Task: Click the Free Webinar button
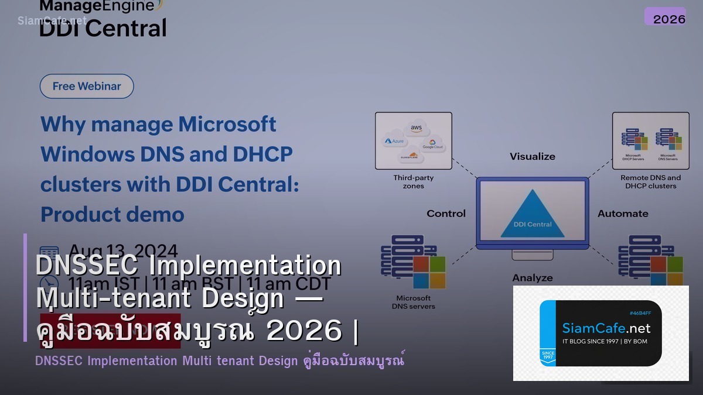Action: (x=87, y=86)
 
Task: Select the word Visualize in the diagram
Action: (x=532, y=156)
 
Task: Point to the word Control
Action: (x=446, y=214)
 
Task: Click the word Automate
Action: (x=623, y=214)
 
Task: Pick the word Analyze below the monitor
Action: (x=532, y=277)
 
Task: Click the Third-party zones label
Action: (x=413, y=181)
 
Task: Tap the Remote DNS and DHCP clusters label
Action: (x=650, y=181)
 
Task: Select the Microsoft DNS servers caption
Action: (x=413, y=302)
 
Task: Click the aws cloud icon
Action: (x=417, y=128)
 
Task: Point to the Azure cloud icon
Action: (x=394, y=141)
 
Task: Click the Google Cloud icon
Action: (x=434, y=144)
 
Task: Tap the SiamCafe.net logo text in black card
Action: (x=606, y=328)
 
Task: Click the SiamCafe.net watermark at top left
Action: (x=52, y=20)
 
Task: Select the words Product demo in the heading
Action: (x=112, y=214)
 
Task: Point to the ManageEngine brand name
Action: (x=97, y=6)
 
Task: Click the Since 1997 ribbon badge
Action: (x=547, y=356)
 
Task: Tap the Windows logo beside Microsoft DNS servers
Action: (x=429, y=273)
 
